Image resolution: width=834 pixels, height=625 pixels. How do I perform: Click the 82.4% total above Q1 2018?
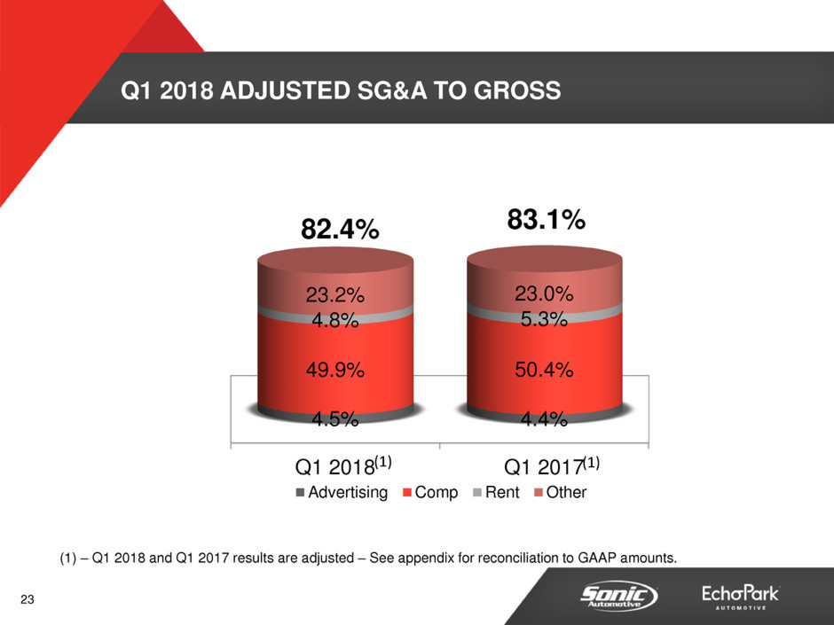(x=341, y=230)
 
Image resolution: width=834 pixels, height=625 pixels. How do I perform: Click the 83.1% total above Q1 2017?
(x=546, y=219)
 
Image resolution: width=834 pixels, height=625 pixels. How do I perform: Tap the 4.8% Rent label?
(x=334, y=321)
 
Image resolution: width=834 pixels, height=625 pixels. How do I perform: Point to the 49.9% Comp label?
(x=334, y=371)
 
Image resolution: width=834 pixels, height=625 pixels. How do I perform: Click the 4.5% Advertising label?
(x=334, y=419)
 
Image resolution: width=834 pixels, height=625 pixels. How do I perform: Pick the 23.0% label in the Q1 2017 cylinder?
(x=544, y=293)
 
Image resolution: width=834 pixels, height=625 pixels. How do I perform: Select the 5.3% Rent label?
(x=544, y=320)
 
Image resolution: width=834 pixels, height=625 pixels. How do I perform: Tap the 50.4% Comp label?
(x=544, y=371)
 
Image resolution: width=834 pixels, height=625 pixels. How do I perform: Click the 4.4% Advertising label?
(x=544, y=419)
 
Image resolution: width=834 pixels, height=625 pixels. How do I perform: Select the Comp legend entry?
(x=431, y=492)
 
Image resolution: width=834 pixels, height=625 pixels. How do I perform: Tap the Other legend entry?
(x=559, y=492)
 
